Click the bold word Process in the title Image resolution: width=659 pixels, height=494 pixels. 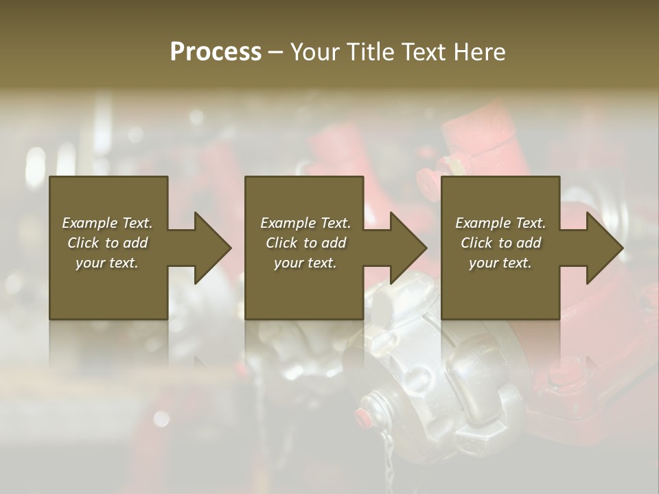point(216,52)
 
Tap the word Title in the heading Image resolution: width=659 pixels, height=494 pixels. point(371,52)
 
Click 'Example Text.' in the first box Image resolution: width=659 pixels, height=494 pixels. point(107,223)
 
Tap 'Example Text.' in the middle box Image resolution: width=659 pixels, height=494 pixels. point(305,223)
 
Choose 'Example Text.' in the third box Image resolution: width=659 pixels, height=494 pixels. point(500,223)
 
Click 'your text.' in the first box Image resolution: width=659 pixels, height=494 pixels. point(107,263)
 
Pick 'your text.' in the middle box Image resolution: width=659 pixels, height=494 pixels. point(305,263)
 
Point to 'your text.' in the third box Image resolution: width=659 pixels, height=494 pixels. point(500,263)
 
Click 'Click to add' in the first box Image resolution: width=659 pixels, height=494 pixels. point(107,243)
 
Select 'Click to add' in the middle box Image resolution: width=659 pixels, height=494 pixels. point(305,243)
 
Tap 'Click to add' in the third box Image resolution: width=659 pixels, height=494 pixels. point(500,243)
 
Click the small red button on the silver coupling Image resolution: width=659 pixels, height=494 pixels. point(362,414)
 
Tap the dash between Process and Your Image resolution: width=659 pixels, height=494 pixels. point(276,53)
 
